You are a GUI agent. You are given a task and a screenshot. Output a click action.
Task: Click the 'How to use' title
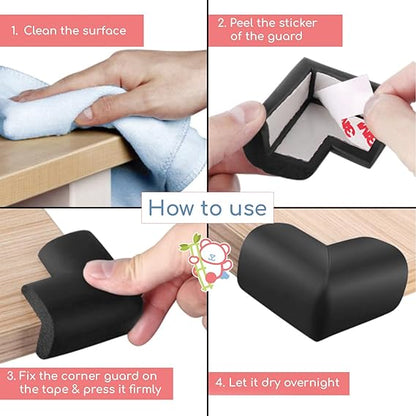[x=207, y=207]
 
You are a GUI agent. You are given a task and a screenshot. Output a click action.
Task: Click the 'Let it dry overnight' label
[x=281, y=382]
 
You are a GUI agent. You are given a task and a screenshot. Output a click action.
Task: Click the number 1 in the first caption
[x=15, y=30]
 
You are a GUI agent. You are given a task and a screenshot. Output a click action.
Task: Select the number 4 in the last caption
[x=220, y=382]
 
